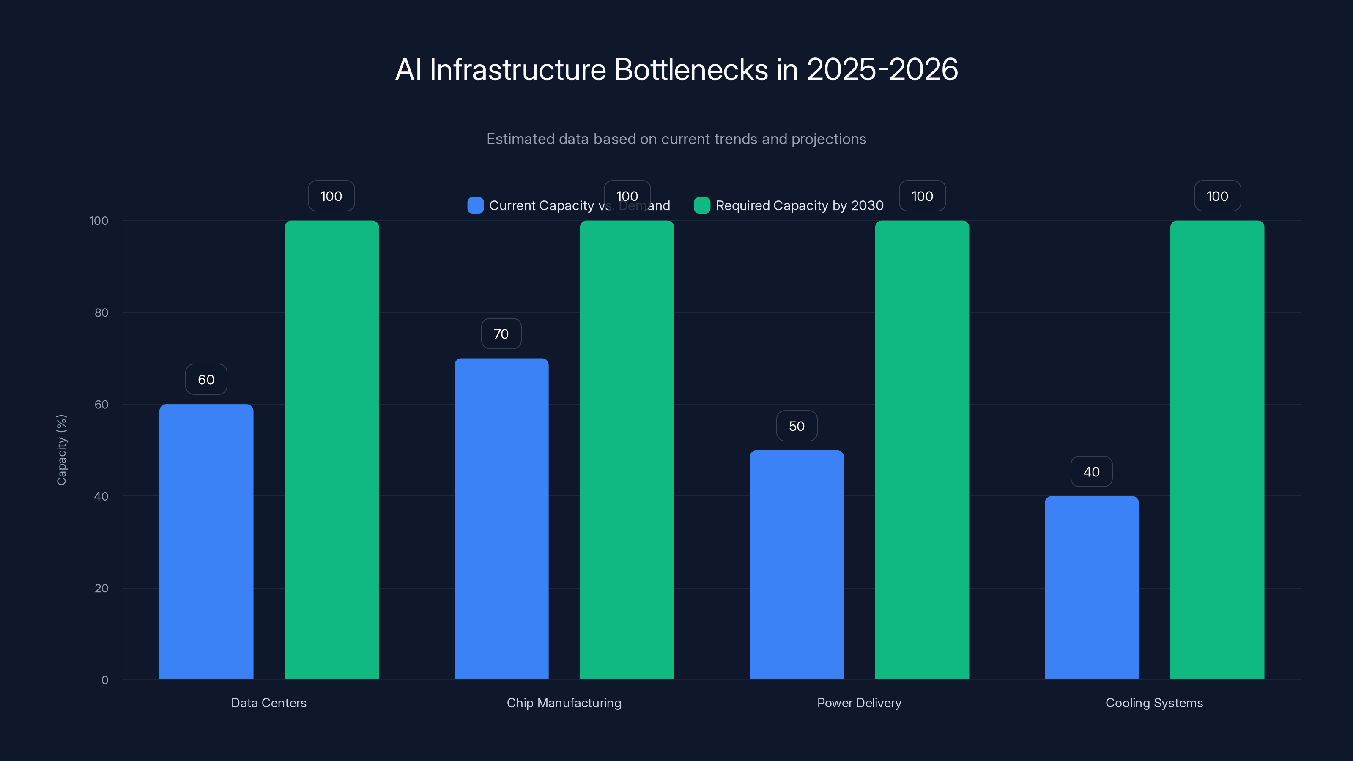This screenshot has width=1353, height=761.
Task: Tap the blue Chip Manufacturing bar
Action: point(501,518)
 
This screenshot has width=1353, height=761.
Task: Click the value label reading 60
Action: point(206,379)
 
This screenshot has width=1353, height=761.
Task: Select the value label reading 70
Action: point(501,334)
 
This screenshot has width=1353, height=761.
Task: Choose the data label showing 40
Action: point(1091,472)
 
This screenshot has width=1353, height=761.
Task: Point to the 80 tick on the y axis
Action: point(101,312)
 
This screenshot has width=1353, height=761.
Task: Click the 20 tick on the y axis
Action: point(101,588)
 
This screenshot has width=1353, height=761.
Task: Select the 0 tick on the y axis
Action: point(104,680)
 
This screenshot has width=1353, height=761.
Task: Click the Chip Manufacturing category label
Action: point(564,703)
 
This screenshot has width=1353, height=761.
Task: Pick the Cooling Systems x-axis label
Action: point(1154,703)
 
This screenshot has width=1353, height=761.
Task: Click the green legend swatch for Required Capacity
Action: point(702,205)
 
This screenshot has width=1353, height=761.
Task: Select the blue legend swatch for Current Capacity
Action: point(475,205)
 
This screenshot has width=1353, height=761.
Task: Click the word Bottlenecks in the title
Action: point(691,69)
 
